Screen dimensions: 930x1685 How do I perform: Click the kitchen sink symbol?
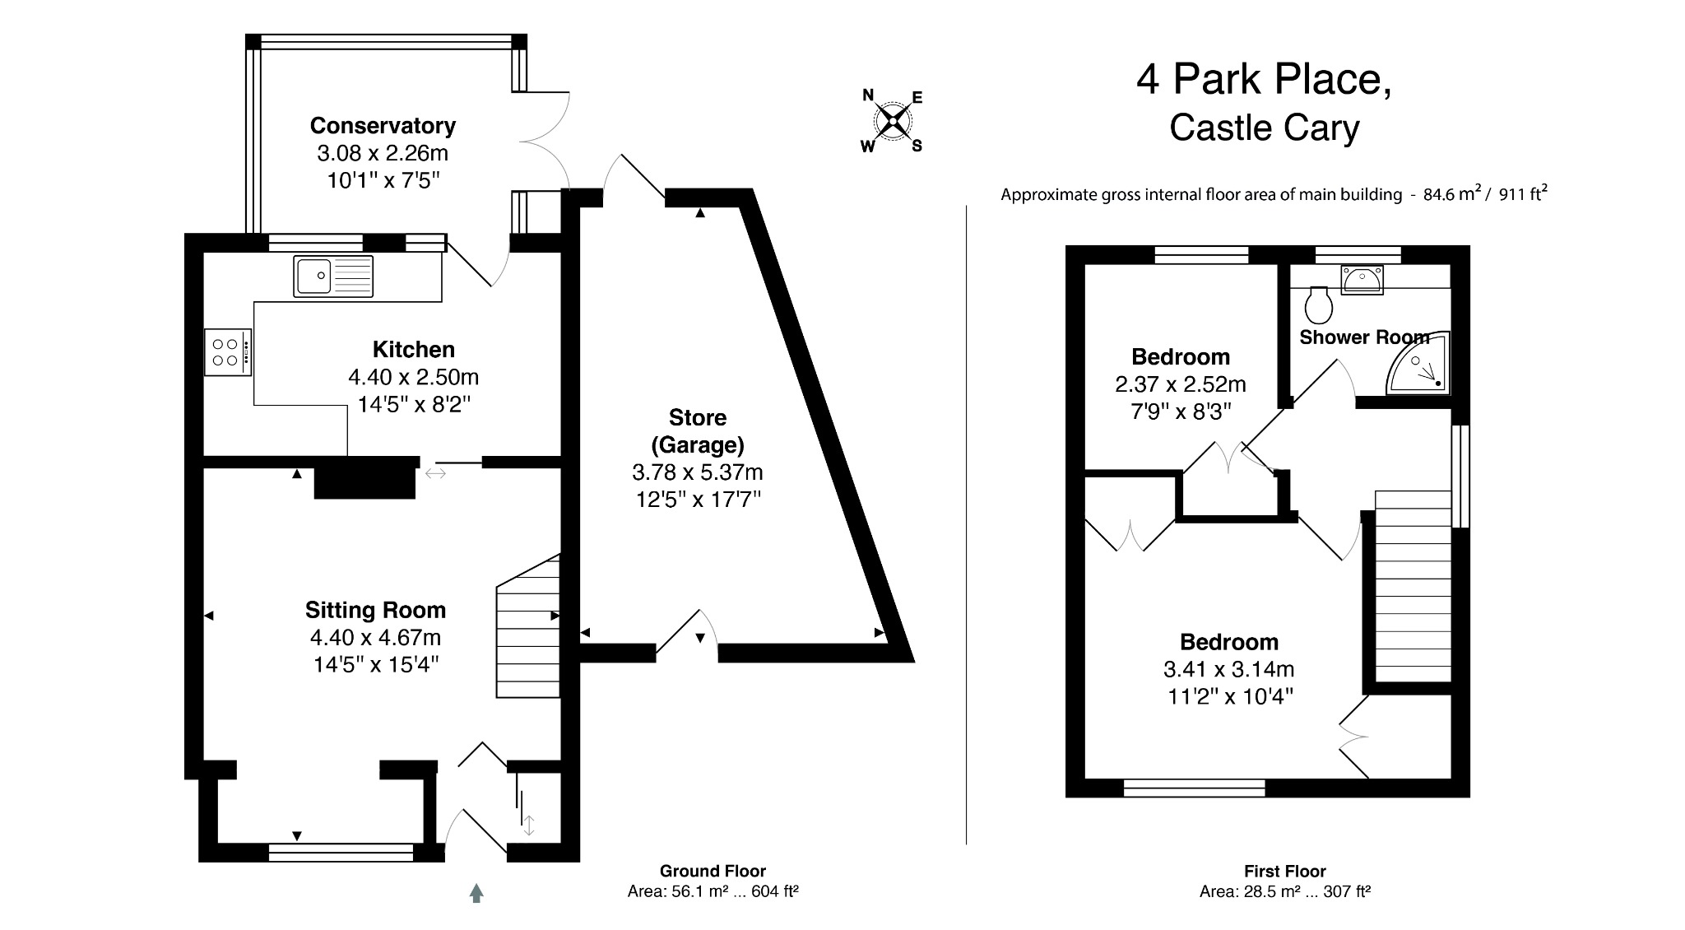[x=332, y=276]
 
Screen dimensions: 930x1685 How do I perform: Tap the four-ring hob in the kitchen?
[x=228, y=353]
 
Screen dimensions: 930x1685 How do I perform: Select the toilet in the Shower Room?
[x=1318, y=305]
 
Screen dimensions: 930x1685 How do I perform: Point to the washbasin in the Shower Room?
[x=1361, y=280]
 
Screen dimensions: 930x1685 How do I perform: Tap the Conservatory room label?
[x=383, y=126]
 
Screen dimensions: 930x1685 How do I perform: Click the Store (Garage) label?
[x=697, y=430]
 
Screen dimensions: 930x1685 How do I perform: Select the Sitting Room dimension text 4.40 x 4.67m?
[x=375, y=637]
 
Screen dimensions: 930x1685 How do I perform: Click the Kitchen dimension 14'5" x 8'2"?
[x=414, y=404]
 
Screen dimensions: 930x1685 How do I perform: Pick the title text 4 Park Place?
[x=1264, y=80]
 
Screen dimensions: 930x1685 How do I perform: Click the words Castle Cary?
[x=1264, y=128]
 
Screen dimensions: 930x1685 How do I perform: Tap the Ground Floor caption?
[x=713, y=871]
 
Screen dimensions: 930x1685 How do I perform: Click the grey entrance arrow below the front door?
[x=476, y=893]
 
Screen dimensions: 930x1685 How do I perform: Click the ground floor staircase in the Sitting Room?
[x=528, y=630]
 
